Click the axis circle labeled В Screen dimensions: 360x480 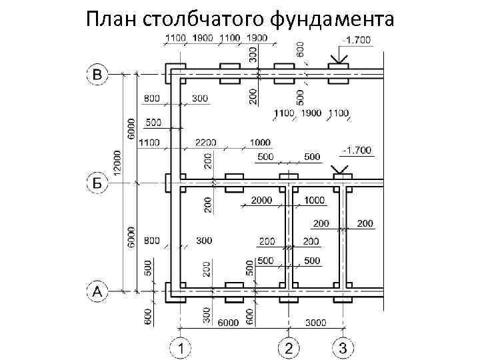(x=97, y=73)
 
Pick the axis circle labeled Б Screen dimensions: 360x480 (x=97, y=181)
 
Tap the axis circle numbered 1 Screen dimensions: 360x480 (x=180, y=347)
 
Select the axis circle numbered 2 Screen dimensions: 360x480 (x=289, y=347)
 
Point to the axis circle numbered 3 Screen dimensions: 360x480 (x=343, y=347)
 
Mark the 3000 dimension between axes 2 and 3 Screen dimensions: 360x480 (x=315, y=323)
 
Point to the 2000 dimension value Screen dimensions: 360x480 (x=263, y=200)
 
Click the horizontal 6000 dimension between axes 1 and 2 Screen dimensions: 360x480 (x=227, y=323)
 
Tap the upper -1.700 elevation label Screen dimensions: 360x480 (x=356, y=40)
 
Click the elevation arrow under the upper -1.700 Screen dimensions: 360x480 (x=338, y=57)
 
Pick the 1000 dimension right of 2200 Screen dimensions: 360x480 (x=260, y=142)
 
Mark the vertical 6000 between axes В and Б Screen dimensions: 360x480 (x=132, y=129)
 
